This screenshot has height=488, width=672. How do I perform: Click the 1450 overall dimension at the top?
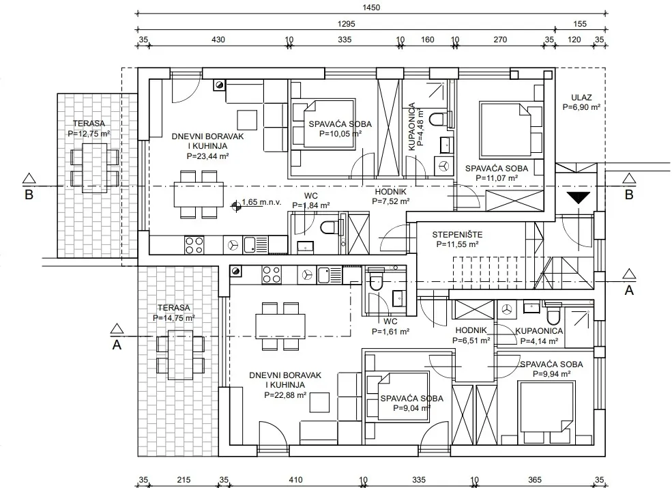tap(371, 8)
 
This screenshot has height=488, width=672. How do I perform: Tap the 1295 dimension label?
tap(347, 24)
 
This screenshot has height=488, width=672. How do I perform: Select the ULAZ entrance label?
tap(581, 98)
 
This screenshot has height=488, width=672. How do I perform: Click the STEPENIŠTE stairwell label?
tap(457, 235)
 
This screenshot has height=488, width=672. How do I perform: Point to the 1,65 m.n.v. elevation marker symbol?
tap(236, 206)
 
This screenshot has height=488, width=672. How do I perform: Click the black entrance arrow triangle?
tap(578, 198)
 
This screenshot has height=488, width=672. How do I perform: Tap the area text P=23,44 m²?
tap(208, 156)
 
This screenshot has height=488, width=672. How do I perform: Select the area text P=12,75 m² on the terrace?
tap(89, 134)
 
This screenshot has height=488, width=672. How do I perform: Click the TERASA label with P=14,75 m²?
tap(174, 308)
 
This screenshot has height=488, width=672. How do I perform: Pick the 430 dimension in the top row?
tap(218, 40)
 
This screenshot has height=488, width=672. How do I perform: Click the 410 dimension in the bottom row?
tap(295, 480)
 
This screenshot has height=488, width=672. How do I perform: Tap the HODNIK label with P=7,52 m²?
tap(390, 192)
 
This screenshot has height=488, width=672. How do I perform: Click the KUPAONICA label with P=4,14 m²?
tap(539, 331)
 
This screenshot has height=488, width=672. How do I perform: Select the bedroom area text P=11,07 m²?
tap(497, 178)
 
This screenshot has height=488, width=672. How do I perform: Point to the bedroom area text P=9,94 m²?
tap(551, 374)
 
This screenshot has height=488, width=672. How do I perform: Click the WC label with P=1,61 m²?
tap(390, 321)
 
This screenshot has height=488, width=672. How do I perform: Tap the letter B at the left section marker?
tap(29, 195)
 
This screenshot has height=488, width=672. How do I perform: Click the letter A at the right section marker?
tap(629, 290)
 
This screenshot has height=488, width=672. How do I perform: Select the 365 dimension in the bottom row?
tap(535, 480)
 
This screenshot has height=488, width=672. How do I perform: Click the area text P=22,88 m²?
tap(285, 395)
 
